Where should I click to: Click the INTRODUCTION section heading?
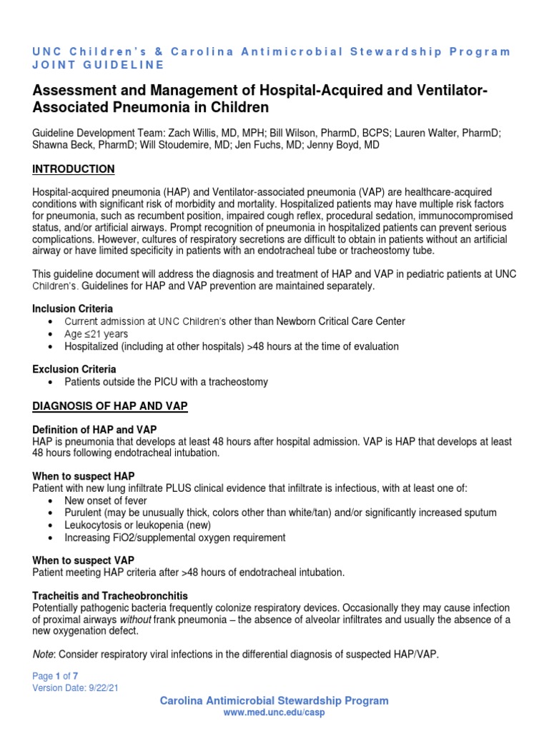click(x=74, y=169)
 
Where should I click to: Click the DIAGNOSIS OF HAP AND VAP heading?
click(x=110, y=406)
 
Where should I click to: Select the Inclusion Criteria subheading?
click(x=72, y=309)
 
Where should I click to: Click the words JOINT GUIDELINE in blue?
click(x=99, y=65)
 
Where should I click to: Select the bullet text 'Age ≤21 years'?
click(x=97, y=333)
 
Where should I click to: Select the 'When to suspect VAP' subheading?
click(x=84, y=560)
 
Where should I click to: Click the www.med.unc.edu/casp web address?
click(x=274, y=713)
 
